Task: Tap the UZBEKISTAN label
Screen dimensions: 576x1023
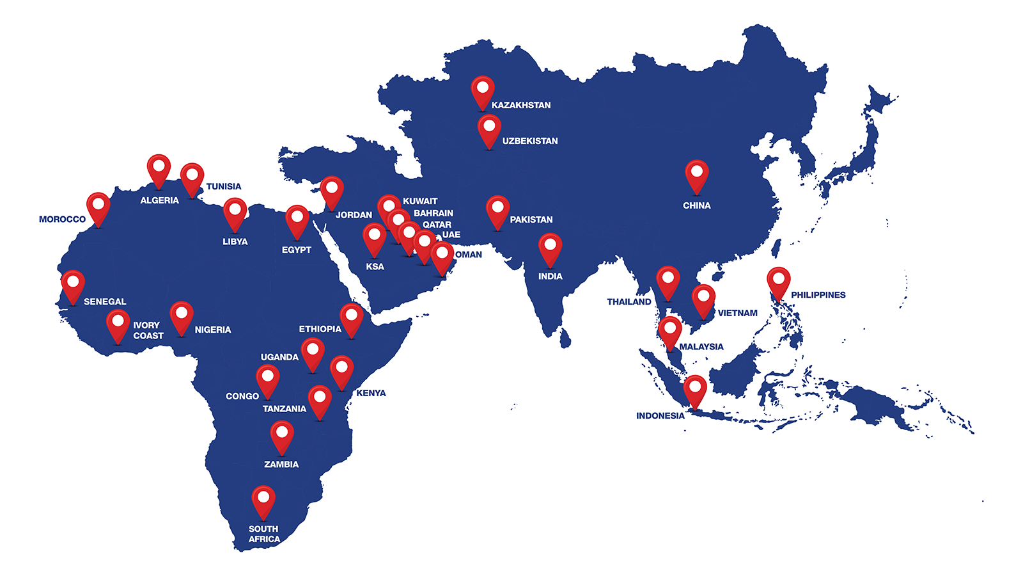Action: tap(529, 141)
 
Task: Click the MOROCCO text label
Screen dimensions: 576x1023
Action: tap(62, 220)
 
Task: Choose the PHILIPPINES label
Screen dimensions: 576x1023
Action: tap(818, 295)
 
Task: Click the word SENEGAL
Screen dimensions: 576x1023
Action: tap(105, 301)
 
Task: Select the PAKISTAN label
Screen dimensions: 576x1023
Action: tap(531, 220)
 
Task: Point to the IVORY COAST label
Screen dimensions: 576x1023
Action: tap(148, 330)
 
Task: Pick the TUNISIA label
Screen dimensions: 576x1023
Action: tap(223, 187)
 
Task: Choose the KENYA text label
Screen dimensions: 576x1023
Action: tap(371, 393)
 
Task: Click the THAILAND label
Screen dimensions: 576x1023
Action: tap(629, 302)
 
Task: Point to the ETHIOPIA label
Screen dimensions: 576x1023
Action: tap(320, 329)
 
